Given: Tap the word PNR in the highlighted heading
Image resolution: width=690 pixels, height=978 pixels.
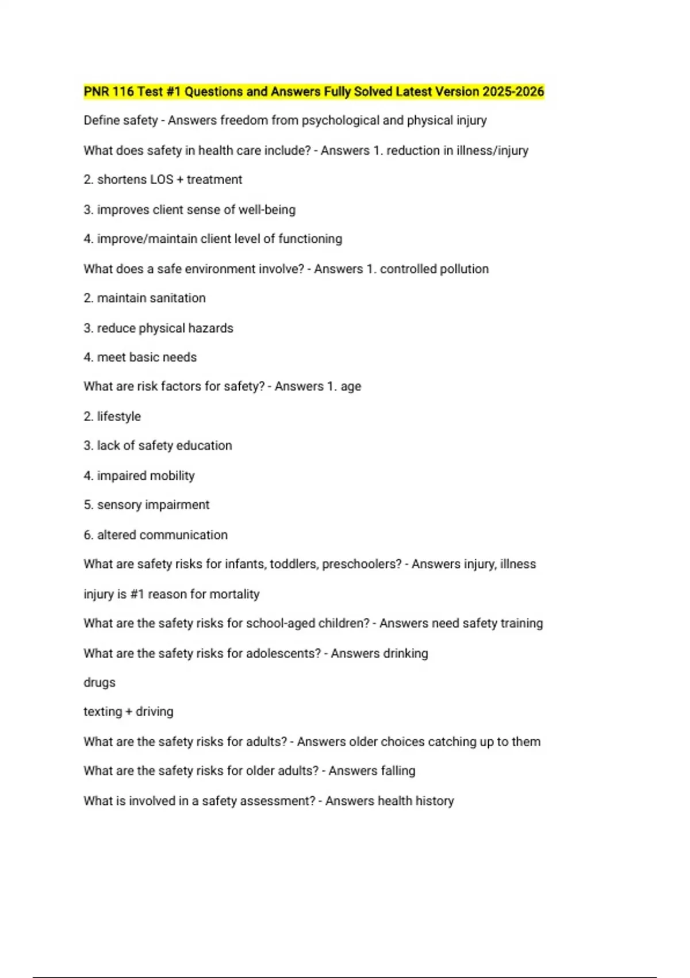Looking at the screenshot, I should [x=96, y=91].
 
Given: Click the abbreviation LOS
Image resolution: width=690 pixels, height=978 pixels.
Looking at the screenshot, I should [x=162, y=179].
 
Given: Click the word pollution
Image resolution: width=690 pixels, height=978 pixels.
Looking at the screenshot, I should [x=463, y=269].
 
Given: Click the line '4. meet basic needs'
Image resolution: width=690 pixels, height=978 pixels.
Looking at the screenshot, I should [x=140, y=357].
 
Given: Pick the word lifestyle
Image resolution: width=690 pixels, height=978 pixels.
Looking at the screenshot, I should [x=118, y=417].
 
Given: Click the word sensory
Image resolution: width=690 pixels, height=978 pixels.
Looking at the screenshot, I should [x=119, y=505].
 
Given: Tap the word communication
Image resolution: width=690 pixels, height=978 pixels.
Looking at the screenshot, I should [x=191, y=535].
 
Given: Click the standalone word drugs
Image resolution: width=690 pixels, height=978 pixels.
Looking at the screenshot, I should [x=99, y=683].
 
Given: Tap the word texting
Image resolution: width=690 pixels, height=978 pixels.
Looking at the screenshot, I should [x=102, y=712].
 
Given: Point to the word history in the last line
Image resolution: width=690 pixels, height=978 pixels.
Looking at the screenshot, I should [x=435, y=801].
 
